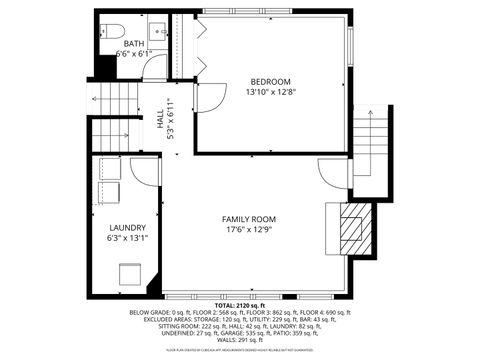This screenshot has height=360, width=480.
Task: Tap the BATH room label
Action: [x=134, y=44]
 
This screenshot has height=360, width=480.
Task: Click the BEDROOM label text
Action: [x=269, y=81]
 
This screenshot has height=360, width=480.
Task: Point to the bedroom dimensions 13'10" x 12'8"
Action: [x=269, y=92]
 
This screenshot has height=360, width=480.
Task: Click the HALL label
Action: [x=160, y=118]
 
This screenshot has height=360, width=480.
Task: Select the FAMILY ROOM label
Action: [x=249, y=219]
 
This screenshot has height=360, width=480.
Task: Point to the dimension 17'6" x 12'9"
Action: [x=249, y=230]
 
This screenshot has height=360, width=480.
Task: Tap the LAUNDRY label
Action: [x=126, y=227]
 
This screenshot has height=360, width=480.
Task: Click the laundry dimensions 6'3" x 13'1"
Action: [x=126, y=238]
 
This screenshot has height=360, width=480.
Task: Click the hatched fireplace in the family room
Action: [x=351, y=229]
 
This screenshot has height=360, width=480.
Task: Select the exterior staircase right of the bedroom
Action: [x=371, y=150]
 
